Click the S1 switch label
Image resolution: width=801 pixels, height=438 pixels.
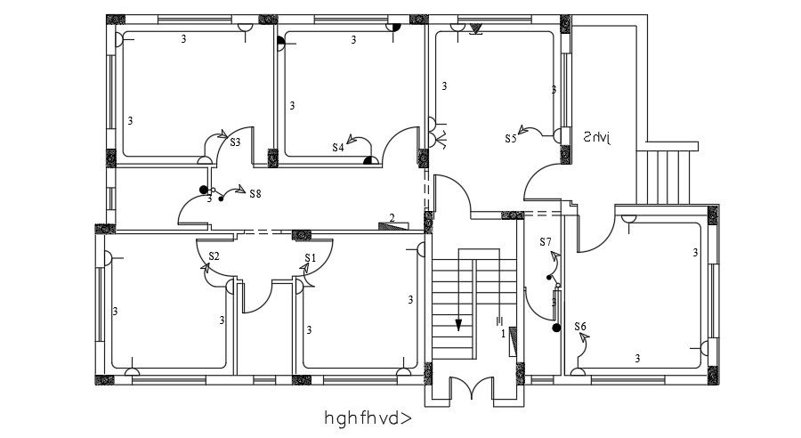coord(310,258)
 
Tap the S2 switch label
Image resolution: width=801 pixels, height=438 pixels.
coord(214,256)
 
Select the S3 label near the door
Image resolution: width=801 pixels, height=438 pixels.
coord(236,142)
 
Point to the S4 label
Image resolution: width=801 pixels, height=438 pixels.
coord(338,148)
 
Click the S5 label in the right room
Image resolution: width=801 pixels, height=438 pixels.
coord(511,138)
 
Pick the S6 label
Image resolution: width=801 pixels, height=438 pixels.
coord(580,327)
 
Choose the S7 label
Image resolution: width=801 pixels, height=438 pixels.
coord(546,242)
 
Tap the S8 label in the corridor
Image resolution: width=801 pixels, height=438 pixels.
coord(255,193)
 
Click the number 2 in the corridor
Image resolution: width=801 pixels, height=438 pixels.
coord(392,217)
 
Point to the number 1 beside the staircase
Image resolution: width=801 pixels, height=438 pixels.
coord(504,334)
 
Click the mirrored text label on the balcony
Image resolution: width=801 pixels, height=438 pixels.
coord(598,137)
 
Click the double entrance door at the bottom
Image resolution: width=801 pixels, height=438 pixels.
coord(473,388)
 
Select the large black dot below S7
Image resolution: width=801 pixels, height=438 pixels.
coord(556,328)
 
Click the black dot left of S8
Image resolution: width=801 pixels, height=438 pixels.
coord(204,190)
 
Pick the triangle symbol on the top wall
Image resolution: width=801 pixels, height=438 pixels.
coord(475,30)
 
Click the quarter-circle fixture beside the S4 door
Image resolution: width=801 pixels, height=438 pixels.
coord(367,161)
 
